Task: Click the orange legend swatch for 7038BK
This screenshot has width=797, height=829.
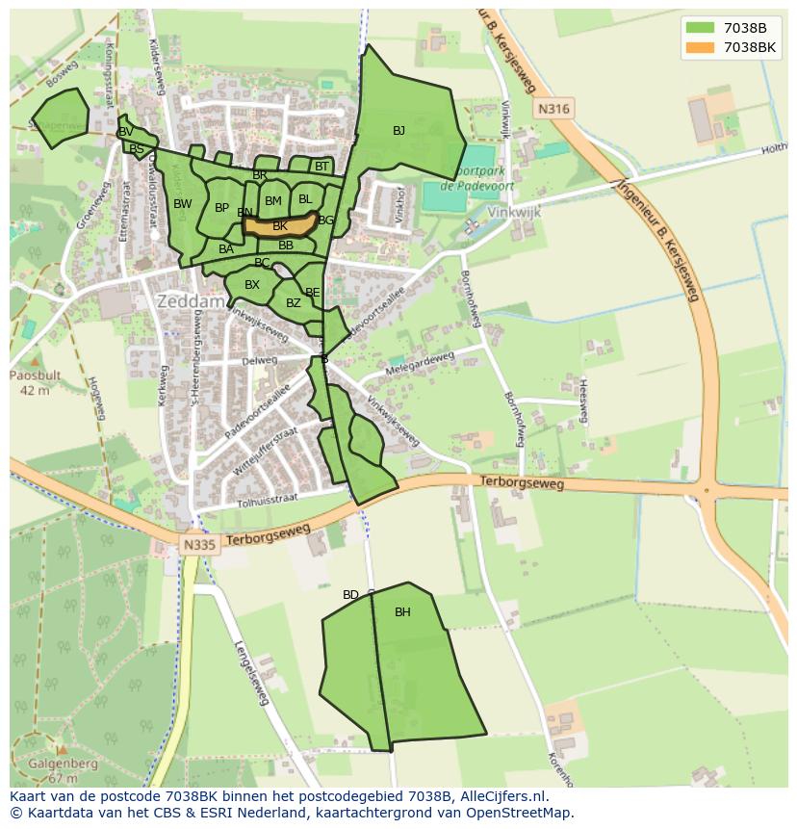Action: [x=701, y=47]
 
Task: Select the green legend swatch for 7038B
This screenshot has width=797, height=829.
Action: [x=701, y=28]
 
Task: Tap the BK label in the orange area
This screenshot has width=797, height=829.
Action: [x=280, y=226]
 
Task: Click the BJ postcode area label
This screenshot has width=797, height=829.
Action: [x=398, y=131]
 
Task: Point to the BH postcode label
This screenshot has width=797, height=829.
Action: [x=402, y=612]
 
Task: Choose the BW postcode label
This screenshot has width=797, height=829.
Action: [x=183, y=204]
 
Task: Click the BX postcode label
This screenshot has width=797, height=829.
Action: [x=252, y=285]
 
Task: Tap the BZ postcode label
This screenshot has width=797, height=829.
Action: [x=294, y=303]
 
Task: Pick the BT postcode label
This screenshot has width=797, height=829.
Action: [x=321, y=167]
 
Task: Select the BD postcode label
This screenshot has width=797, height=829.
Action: [x=350, y=595]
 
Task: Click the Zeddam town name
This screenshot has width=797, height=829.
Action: [x=191, y=301]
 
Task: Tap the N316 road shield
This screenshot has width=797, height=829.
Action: [x=553, y=109]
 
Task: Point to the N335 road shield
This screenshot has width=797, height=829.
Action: [x=200, y=545]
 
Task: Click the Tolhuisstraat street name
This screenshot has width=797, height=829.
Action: [x=267, y=500]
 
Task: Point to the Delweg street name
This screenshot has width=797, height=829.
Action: [x=260, y=361]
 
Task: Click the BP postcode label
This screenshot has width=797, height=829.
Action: [x=222, y=208]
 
